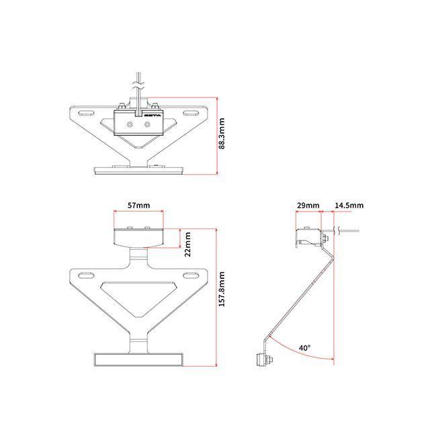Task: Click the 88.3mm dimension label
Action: pos(222,134)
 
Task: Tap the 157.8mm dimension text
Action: pos(222,289)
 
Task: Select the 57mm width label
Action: pos(139,206)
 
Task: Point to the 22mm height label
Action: pos(187,245)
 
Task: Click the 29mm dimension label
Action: pos(308,206)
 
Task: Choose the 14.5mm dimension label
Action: pos(349,206)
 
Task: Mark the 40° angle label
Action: pos(304,348)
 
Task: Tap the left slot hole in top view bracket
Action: pos(86,113)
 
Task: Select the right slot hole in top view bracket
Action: pos(190,113)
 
